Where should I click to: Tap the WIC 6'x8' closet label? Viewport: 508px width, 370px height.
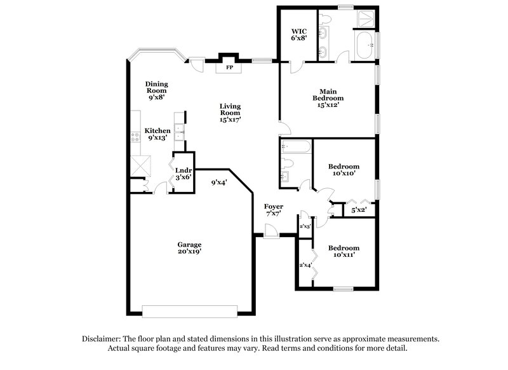pos(299,34)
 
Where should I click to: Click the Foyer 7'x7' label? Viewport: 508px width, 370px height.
pos(274,210)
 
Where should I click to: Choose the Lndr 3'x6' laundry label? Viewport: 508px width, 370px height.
pos(184,174)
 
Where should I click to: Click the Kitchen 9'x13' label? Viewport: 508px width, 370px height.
pos(159,134)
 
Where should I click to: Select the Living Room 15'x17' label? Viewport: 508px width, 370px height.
pos(231,113)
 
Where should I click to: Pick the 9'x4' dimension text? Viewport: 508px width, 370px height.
pos(220,183)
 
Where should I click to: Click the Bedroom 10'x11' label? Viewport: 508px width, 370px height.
pos(344,251)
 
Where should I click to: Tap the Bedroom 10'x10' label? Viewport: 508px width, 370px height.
pos(344,170)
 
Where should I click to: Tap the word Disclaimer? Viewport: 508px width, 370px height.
pos(104,339)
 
